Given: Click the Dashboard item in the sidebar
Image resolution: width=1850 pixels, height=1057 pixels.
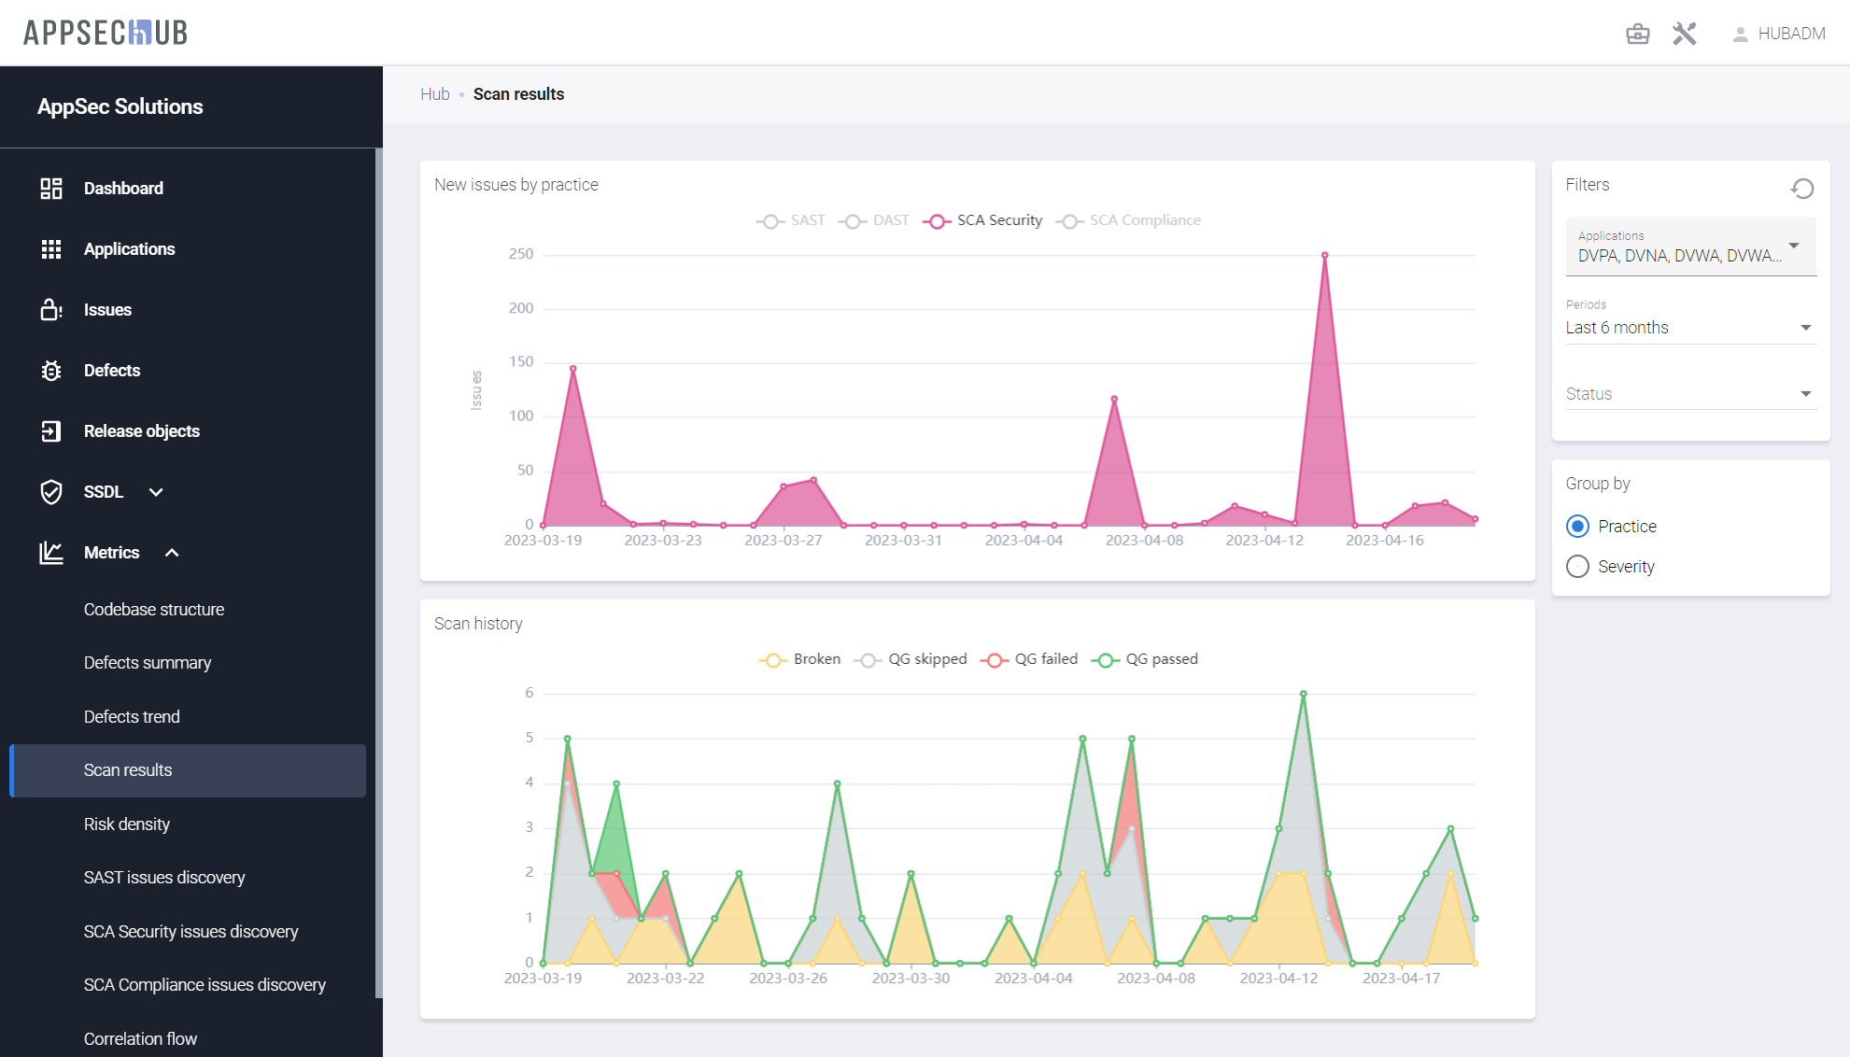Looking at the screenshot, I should (x=122, y=189).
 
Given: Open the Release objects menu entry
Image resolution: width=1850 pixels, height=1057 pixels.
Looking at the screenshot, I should (x=141, y=431).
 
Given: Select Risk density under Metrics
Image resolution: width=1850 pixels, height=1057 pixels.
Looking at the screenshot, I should (x=127, y=824).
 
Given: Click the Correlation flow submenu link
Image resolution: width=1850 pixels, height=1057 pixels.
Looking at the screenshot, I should (x=140, y=1038).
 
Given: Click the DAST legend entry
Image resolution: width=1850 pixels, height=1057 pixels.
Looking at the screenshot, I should (x=875, y=220).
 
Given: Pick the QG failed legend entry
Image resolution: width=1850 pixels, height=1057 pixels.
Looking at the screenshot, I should (x=1030, y=659).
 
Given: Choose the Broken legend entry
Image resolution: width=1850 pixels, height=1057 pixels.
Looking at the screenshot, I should (x=800, y=659).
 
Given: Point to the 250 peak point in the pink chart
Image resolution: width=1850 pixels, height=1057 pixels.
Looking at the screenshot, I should (x=1324, y=255).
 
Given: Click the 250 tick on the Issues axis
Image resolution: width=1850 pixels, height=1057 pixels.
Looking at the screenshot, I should (x=521, y=254).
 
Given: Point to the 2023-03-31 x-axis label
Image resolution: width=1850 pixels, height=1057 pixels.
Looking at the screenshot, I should (x=903, y=540).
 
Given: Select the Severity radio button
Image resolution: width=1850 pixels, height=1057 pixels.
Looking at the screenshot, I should (x=1577, y=567).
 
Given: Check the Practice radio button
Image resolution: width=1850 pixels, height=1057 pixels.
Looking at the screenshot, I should (x=1577, y=527).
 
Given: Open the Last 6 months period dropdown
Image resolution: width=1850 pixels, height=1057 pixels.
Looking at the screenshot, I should (x=1689, y=328).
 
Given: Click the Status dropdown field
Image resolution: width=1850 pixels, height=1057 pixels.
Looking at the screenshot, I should (x=1689, y=394).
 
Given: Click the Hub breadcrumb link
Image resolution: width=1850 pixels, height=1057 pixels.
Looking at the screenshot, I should (x=434, y=94).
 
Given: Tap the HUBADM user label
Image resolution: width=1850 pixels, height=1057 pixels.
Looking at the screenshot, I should (x=1790, y=34).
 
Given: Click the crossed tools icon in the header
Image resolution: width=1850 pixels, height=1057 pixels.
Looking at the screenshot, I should (x=1684, y=34).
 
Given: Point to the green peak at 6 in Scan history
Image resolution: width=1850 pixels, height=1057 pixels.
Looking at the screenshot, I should (x=1304, y=694).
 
